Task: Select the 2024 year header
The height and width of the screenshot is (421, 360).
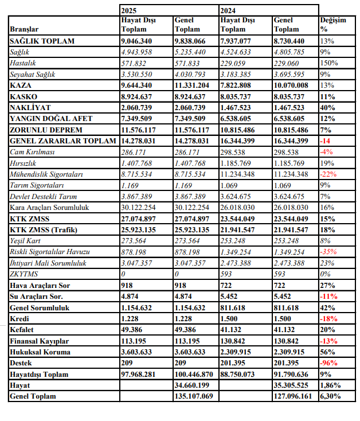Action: (x=228, y=10)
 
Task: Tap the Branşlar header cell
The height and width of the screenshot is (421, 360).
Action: (x=25, y=29)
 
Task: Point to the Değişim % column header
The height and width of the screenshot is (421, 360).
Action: (x=333, y=24)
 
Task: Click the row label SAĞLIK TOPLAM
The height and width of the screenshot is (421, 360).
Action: (x=42, y=41)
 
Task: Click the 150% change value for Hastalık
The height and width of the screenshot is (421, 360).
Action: (x=329, y=63)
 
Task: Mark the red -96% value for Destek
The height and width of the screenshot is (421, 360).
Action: (x=329, y=363)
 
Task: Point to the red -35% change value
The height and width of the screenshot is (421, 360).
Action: (x=329, y=252)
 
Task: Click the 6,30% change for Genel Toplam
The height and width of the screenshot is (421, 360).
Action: (x=331, y=396)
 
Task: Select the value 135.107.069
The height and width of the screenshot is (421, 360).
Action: (x=194, y=396)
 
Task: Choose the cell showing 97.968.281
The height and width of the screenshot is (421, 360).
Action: (x=140, y=375)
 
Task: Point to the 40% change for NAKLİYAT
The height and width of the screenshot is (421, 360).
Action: (x=328, y=108)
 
